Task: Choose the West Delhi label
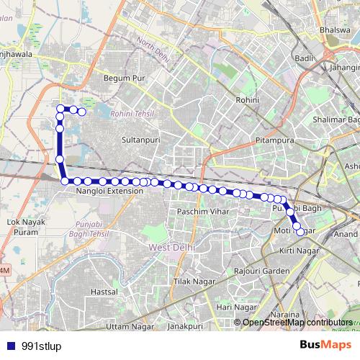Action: (x=168, y=247)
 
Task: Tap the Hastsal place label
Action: (x=104, y=292)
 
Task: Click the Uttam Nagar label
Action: (x=122, y=328)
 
